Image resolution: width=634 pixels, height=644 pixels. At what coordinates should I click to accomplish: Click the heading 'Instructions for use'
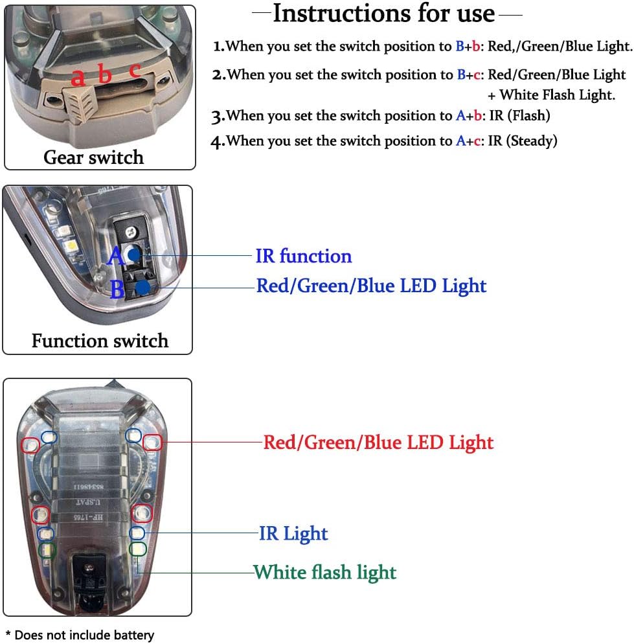coord(383,14)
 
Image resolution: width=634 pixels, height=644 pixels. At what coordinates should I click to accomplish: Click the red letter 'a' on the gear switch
coord(78,77)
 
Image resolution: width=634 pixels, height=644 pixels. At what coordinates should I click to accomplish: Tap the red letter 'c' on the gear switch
coord(135,70)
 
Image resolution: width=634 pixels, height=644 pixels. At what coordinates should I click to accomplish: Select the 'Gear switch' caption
coord(93,157)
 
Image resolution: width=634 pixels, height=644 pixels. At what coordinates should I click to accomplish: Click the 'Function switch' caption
coord(100,341)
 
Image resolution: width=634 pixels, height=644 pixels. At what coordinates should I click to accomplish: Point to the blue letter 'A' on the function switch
coord(116,257)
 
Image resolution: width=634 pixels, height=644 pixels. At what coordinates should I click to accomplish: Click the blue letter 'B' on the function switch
coord(117,289)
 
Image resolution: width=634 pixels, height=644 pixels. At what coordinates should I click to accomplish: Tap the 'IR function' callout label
coord(303,256)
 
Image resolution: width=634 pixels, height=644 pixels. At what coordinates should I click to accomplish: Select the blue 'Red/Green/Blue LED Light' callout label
coord(371,286)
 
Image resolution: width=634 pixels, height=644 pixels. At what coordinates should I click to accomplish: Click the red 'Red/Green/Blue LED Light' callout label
coord(378,443)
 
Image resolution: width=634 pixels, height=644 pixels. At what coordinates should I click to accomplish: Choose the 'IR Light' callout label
coord(293,534)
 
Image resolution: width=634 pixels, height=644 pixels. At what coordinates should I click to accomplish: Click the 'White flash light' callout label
coord(324,573)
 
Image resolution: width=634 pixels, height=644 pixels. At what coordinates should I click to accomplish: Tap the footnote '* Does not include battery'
coord(80,635)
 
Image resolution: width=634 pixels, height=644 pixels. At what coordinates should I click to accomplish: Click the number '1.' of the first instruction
coord(219,47)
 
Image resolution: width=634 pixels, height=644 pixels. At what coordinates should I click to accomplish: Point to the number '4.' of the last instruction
coord(218,142)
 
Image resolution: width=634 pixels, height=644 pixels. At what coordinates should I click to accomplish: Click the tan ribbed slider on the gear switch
coord(81,102)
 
